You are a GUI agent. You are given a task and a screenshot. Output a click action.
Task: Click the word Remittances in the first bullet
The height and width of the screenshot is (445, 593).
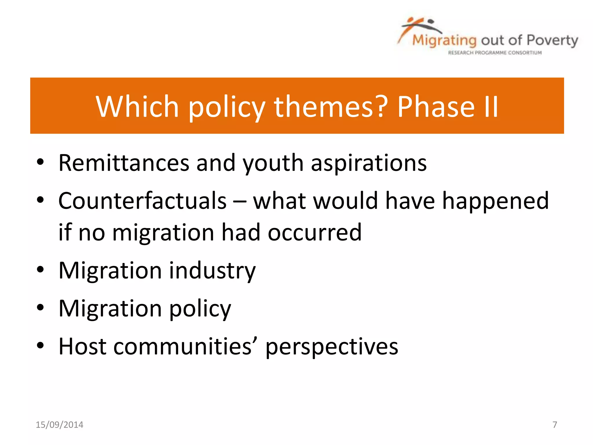click(124, 163)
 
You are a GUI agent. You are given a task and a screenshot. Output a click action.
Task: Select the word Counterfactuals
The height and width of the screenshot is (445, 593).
click(142, 201)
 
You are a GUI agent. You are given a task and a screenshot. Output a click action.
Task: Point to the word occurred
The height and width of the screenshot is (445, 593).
click(314, 233)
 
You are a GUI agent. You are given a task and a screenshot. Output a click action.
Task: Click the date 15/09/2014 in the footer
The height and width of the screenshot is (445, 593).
click(59, 425)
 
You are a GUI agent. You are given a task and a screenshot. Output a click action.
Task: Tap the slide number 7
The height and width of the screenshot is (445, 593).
click(555, 425)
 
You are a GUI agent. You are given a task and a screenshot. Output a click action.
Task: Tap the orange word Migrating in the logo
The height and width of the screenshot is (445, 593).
click(444, 41)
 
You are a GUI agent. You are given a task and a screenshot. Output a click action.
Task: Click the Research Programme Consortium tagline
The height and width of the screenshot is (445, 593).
click(495, 53)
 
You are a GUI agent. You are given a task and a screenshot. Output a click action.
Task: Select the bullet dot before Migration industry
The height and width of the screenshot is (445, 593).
click(40, 270)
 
